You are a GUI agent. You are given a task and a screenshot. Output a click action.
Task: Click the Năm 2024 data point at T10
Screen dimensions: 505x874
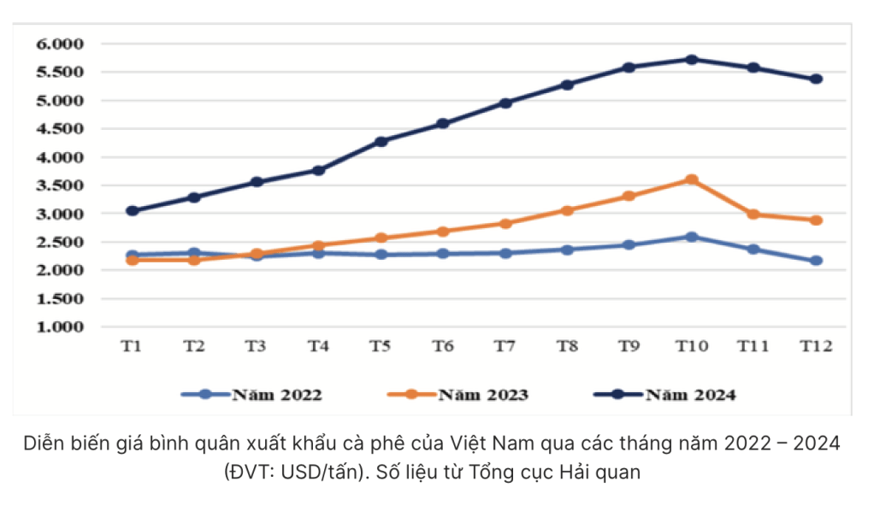pyautogui.click(x=691, y=60)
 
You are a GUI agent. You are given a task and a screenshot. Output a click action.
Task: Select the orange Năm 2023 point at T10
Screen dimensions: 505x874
pyautogui.click(x=691, y=179)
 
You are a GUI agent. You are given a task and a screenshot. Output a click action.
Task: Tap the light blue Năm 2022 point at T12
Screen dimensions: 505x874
pyautogui.click(x=816, y=261)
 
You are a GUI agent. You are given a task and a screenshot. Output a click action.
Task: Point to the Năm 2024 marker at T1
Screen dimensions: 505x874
pyautogui.click(x=132, y=210)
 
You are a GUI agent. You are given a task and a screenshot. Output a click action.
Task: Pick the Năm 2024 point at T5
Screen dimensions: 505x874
pyautogui.click(x=381, y=141)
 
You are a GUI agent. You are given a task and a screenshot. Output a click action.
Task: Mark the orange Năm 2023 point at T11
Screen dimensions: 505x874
pyautogui.click(x=753, y=214)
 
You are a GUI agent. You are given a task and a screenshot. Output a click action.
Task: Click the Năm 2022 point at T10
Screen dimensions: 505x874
pyautogui.click(x=691, y=237)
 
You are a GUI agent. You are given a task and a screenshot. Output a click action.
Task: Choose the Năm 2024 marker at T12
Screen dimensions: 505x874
pyautogui.click(x=816, y=79)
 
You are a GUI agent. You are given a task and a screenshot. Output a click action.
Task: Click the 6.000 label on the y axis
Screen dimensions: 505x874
pyautogui.click(x=59, y=44)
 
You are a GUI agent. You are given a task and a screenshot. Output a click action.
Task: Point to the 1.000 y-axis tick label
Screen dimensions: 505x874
pyautogui.click(x=59, y=326)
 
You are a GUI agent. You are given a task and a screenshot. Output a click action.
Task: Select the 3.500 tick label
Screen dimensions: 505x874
pyautogui.click(x=59, y=185)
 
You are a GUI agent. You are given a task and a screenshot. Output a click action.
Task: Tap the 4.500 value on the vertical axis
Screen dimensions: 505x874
pyautogui.click(x=59, y=129)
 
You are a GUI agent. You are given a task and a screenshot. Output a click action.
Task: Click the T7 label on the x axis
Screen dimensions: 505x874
pyautogui.click(x=505, y=346)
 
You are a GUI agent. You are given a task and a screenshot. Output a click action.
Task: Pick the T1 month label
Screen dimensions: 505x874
pyautogui.click(x=132, y=346)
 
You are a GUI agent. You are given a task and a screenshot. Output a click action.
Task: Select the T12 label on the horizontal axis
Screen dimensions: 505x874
pyautogui.click(x=816, y=346)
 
